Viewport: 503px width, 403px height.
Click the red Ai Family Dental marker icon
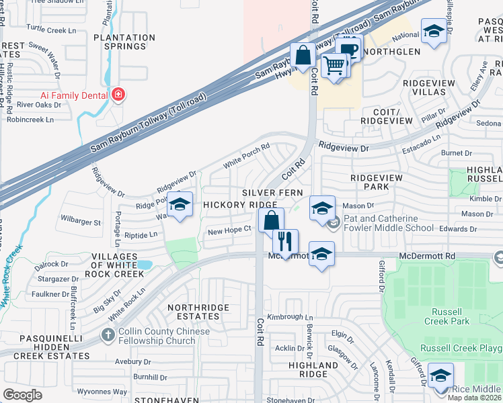point(118,95)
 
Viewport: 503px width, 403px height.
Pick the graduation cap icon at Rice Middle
point(440,375)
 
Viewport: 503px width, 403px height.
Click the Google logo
point(22,395)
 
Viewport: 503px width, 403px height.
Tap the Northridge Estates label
point(198,313)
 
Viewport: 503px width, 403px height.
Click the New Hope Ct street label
point(229,230)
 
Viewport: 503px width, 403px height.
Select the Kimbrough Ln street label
point(290,317)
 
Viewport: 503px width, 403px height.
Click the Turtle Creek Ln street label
point(51,30)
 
